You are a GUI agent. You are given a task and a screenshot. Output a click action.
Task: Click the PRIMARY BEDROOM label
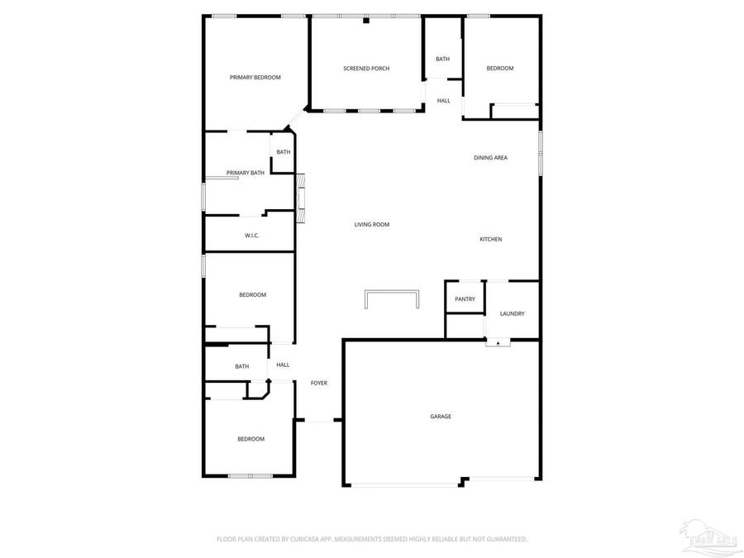tap(255, 77)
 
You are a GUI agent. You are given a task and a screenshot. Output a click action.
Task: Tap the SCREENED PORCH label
tap(366, 69)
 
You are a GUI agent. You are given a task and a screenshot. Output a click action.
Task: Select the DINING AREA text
tap(490, 158)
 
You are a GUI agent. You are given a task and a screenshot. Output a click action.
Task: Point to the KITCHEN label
tap(491, 240)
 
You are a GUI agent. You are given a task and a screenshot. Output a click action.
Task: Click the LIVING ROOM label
tap(371, 225)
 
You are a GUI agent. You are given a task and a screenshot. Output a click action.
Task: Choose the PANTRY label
tap(465, 299)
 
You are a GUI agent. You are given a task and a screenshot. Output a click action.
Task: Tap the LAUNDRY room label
tap(513, 313)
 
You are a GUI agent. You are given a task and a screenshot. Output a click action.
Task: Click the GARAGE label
tap(441, 417)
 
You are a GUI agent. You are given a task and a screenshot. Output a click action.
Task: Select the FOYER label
tap(319, 384)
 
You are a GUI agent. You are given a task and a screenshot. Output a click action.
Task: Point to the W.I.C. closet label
tap(252, 236)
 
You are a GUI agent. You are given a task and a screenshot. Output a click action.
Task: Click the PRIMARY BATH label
tap(246, 173)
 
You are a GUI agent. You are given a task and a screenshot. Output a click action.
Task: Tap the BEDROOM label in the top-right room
tap(499, 69)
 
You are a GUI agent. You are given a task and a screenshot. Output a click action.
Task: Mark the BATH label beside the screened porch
tap(443, 59)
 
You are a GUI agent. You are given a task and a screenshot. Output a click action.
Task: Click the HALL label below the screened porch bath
tap(444, 101)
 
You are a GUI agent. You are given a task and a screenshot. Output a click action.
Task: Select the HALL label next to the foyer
tap(283, 365)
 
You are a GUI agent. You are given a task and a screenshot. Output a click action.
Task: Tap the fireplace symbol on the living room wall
tap(302, 198)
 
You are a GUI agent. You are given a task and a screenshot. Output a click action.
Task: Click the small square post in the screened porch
tap(365, 21)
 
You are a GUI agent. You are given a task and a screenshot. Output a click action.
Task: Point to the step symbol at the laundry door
tap(498, 342)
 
